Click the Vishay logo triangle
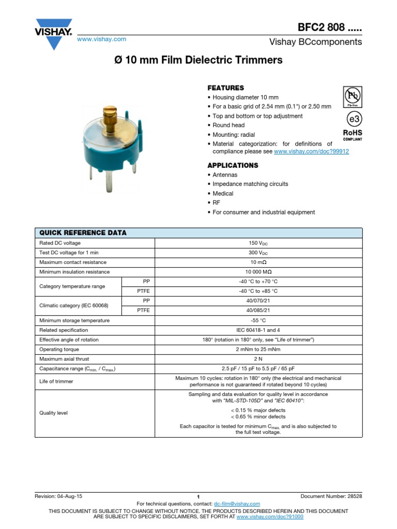tap(53, 38)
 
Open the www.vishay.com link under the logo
tap(101, 39)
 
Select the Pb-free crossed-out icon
tap(353, 97)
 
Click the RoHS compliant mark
tap(353, 135)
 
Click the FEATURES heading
tap(225, 88)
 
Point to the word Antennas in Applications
tap(225, 175)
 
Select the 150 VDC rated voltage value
tap(258, 243)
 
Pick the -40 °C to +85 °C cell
tap(258, 291)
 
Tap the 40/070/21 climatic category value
tap(258, 301)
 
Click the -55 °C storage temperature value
tap(258, 320)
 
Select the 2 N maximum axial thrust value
tap(258, 359)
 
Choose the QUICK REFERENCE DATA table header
tap(83, 233)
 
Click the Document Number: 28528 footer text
tap(331, 496)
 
